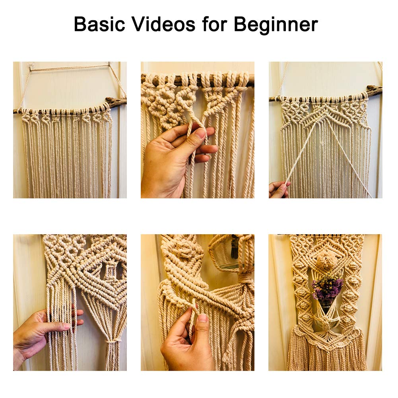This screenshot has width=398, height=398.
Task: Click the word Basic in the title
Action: click(99, 24)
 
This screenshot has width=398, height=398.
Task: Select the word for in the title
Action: click(215, 24)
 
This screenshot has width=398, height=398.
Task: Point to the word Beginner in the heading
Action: click(276, 25)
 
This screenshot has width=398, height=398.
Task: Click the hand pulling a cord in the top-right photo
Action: click(279, 189)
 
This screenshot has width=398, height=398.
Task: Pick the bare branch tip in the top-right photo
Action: click(375, 90)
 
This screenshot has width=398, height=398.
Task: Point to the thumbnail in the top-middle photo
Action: click(201, 134)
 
